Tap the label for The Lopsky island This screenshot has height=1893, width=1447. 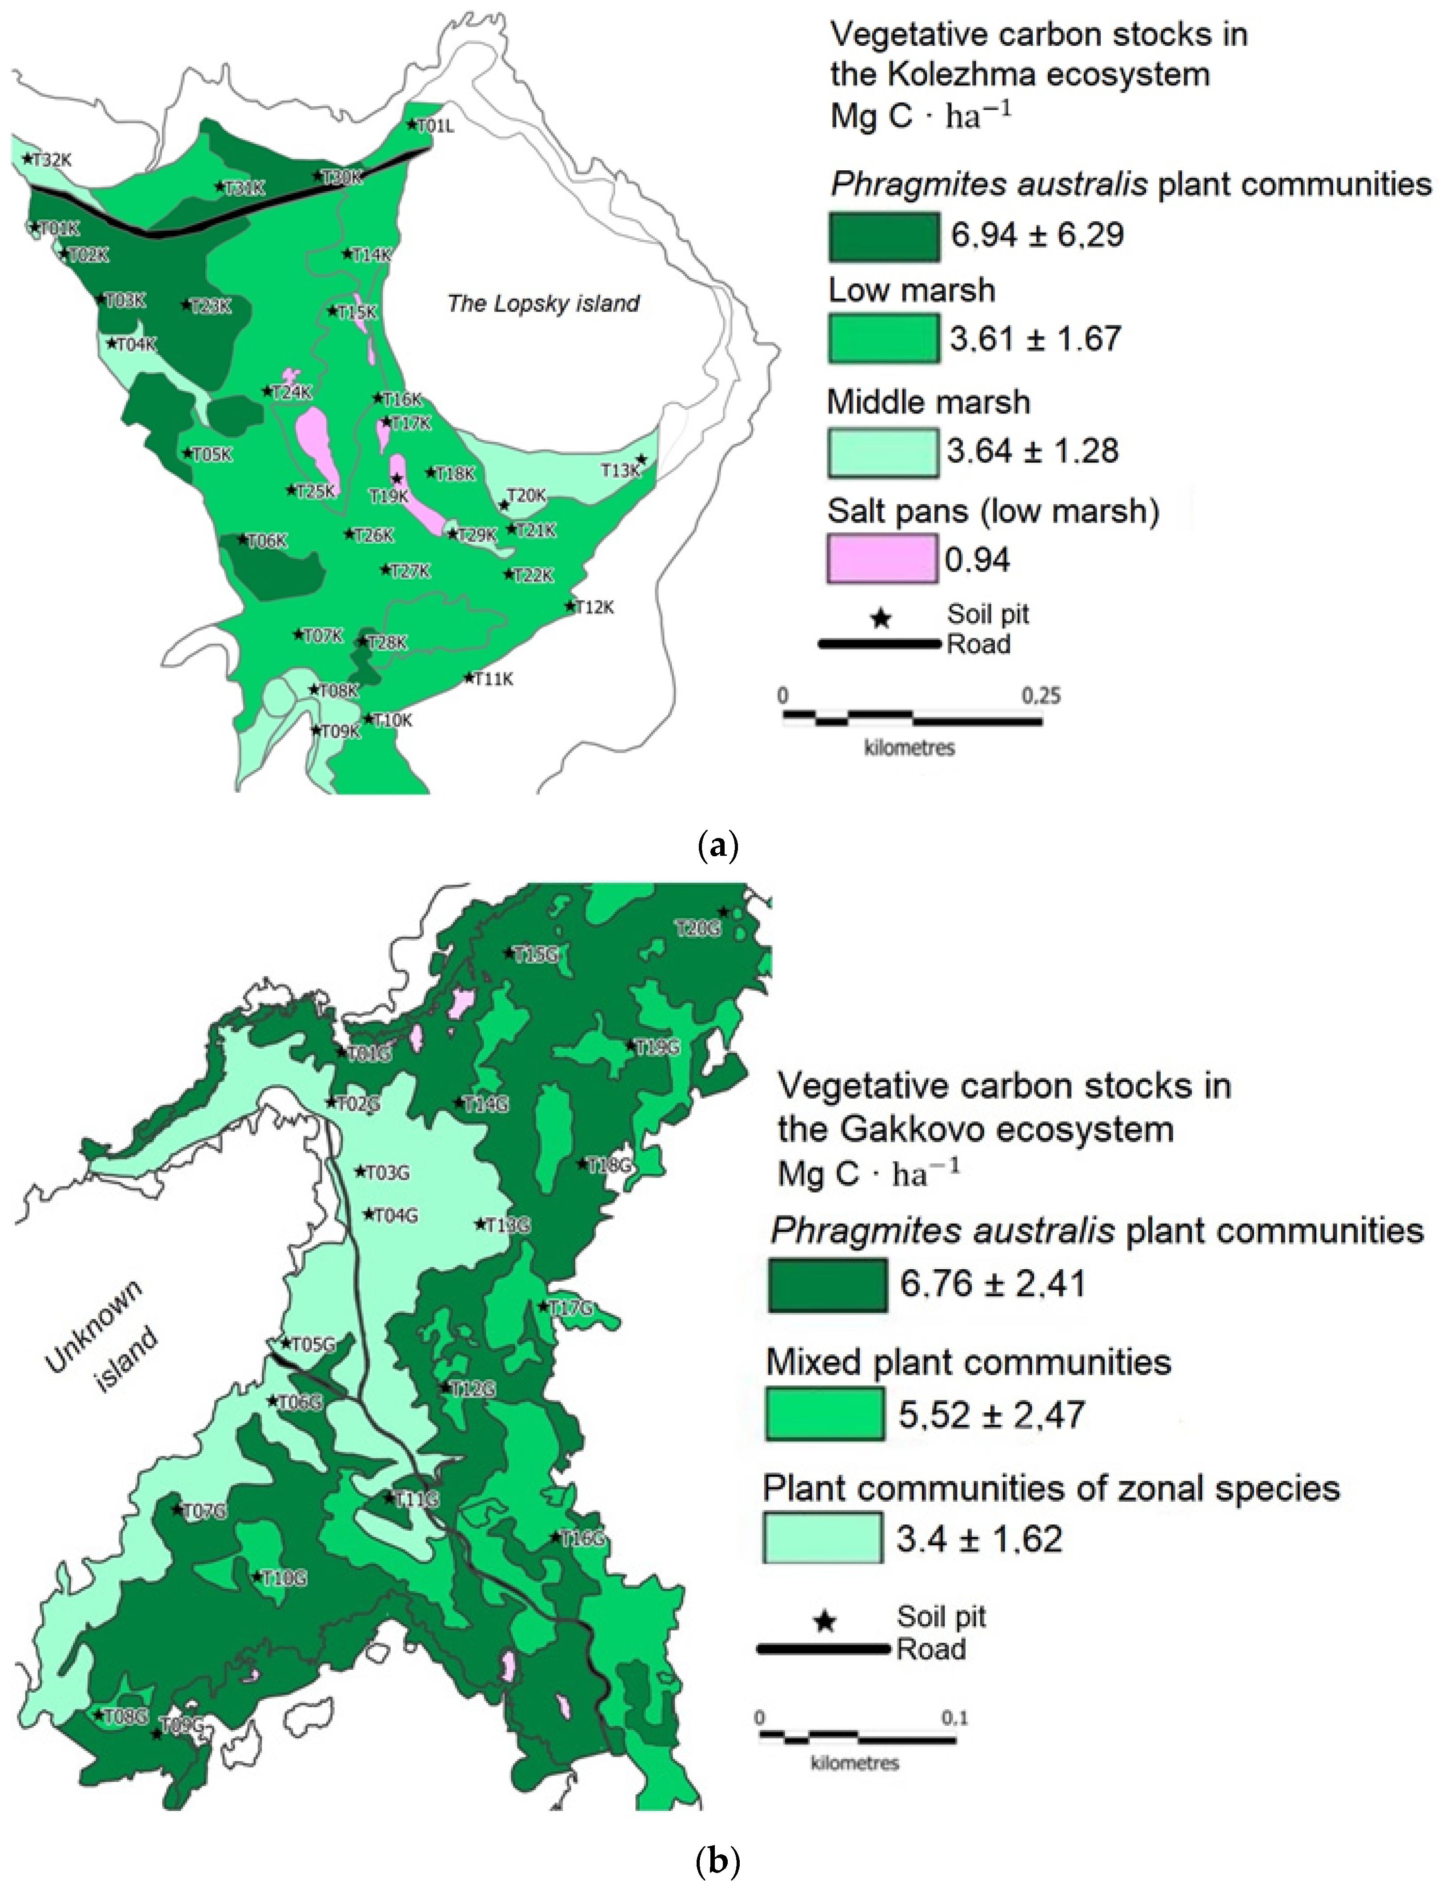click(544, 303)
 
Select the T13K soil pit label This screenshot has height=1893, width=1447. click(620, 470)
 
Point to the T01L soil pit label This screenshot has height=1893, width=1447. click(435, 127)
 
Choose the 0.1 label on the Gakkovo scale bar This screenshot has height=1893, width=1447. click(954, 1718)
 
